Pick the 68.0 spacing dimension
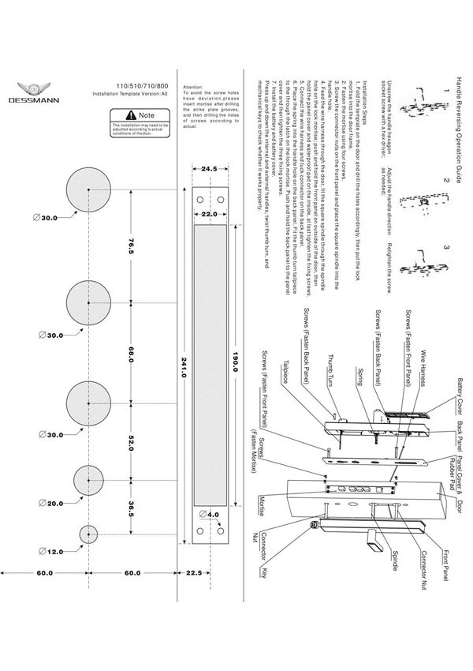(x=132, y=356)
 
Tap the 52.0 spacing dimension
(x=132, y=445)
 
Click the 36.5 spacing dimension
(x=132, y=508)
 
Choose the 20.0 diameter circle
(x=88, y=482)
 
